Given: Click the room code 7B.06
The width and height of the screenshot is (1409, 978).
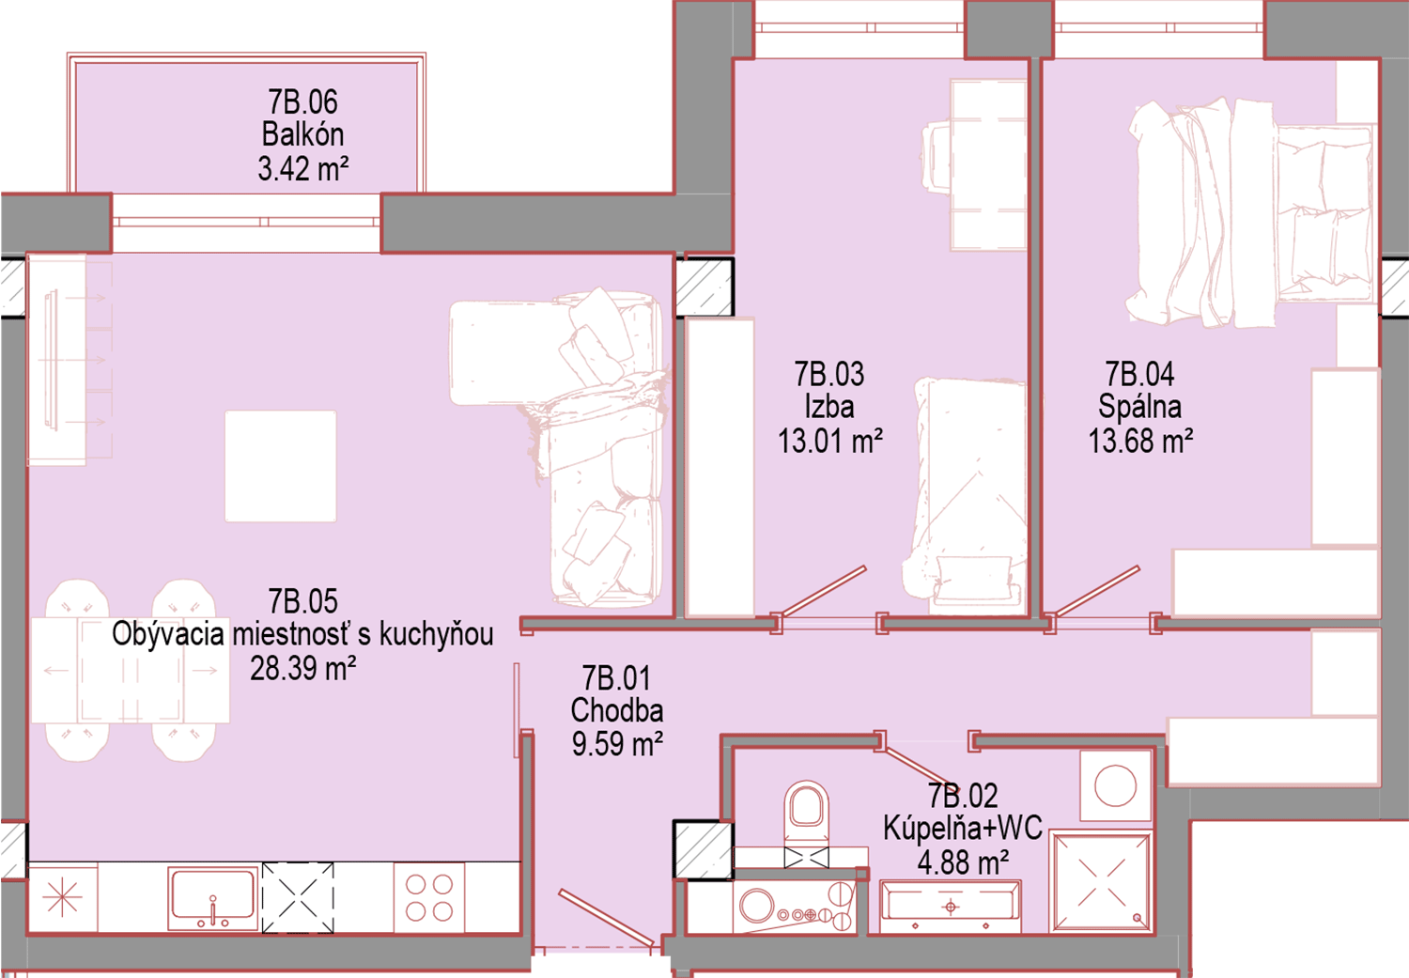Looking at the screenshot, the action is coord(302,101).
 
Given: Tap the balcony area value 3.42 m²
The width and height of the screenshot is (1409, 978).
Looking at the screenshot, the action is coord(303,168).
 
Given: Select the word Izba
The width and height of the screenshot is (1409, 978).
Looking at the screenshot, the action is coord(829,407).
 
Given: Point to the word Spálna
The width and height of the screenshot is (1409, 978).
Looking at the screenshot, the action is coord(1139,407).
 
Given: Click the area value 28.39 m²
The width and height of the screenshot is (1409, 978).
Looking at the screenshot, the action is coord(303,668).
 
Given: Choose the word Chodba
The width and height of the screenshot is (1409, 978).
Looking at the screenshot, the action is coord(617,710).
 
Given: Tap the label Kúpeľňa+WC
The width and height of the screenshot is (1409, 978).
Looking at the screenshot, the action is coord(963,829).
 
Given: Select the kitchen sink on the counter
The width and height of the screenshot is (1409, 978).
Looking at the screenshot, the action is coord(212,897).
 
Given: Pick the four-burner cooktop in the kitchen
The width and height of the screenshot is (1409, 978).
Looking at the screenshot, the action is coord(429,897).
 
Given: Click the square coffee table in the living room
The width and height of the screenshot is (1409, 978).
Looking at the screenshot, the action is coord(281,466).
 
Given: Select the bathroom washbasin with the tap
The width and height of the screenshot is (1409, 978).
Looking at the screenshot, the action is coord(951,907).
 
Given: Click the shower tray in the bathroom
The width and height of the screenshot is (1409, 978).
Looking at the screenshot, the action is coord(1101,882).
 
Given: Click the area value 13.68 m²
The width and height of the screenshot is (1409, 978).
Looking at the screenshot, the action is coord(1140,441).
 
